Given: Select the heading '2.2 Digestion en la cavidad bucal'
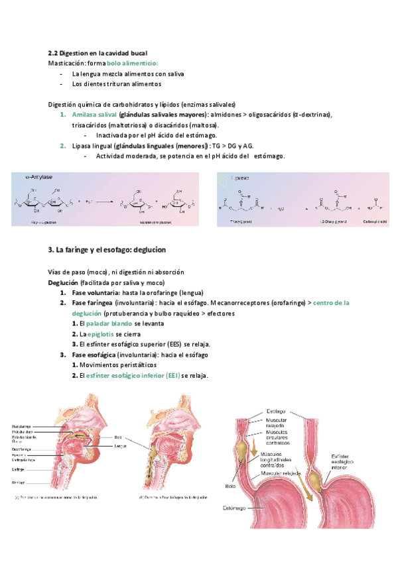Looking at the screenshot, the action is point(98,52).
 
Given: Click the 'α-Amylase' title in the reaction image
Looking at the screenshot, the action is point(39,178).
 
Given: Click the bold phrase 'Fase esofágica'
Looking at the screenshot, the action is point(98,355).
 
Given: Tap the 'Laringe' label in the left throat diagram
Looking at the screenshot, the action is point(18,469).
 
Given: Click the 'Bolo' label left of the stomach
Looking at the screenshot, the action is point(231,486).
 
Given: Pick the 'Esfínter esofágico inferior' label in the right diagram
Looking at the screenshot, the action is point(346,461).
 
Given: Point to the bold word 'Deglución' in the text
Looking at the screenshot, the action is point(64,282).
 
